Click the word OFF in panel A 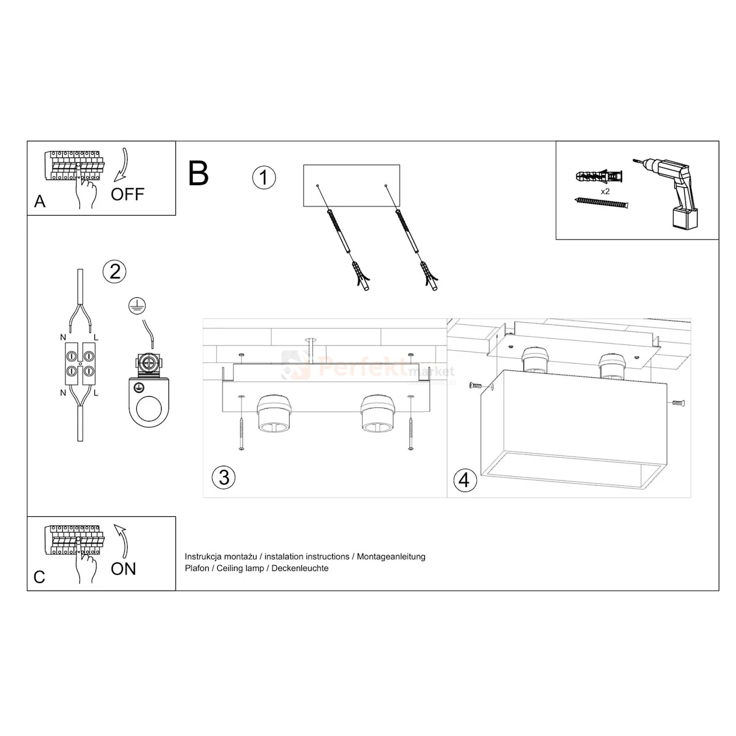(x=127, y=194)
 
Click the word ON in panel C (x=124, y=569)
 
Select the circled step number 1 (x=264, y=177)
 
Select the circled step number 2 (x=114, y=271)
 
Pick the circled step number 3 (x=224, y=477)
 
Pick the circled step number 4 (x=465, y=479)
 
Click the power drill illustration (x=670, y=193)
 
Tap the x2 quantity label (x=605, y=191)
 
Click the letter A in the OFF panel (x=40, y=201)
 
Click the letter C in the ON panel (x=39, y=577)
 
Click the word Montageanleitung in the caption (x=391, y=557)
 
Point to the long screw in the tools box (x=601, y=202)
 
